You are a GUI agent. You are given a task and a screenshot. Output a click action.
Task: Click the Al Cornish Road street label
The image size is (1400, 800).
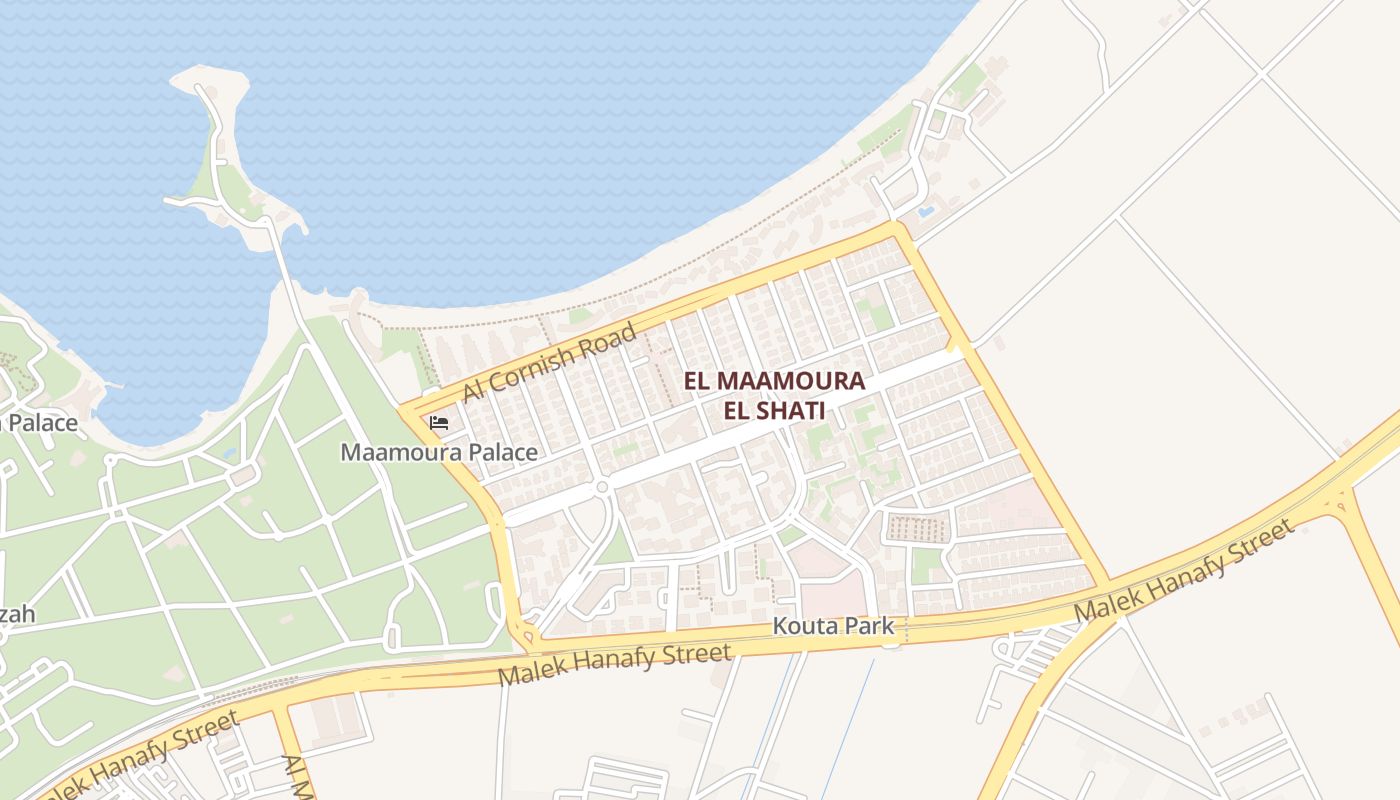click(549, 362)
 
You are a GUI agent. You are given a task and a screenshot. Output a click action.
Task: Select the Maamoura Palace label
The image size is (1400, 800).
click(439, 452)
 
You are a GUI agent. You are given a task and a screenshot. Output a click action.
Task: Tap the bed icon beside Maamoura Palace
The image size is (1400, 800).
click(438, 423)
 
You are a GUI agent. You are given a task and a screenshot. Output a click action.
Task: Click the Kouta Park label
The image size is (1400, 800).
click(833, 627)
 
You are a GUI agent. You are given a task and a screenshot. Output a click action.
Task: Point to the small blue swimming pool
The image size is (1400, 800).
click(925, 212)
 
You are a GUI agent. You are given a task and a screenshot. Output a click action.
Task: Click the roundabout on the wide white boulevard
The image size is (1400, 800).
click(602, 487)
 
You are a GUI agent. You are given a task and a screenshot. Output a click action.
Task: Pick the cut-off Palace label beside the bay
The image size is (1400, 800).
click(40, 423)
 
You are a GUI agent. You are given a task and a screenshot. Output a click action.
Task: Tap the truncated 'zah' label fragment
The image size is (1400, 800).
click(17, 613)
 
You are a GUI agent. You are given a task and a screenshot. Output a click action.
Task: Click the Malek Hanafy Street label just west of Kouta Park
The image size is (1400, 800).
click(614, 665)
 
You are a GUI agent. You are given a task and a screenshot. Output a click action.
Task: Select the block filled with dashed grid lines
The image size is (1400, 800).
click(916, 527)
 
